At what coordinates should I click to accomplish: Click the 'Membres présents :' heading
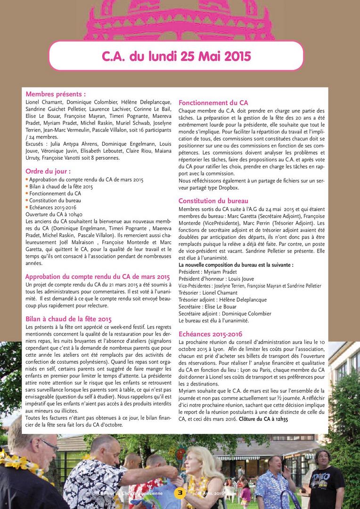click(56, 94)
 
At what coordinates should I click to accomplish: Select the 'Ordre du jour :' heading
click(48, 171)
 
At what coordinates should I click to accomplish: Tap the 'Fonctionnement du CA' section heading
click(213, 103)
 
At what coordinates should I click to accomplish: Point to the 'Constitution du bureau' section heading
click(213, 201)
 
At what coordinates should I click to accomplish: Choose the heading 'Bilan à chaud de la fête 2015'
click(68, 319)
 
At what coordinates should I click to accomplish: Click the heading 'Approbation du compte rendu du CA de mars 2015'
click(98, 277)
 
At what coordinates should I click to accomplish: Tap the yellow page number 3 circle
click(180, 493)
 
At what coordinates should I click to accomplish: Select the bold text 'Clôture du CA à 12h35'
click(263, 419)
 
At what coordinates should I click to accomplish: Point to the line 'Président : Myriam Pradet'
click(208, 272)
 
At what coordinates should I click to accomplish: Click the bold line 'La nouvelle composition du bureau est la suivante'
click(236, 265)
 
